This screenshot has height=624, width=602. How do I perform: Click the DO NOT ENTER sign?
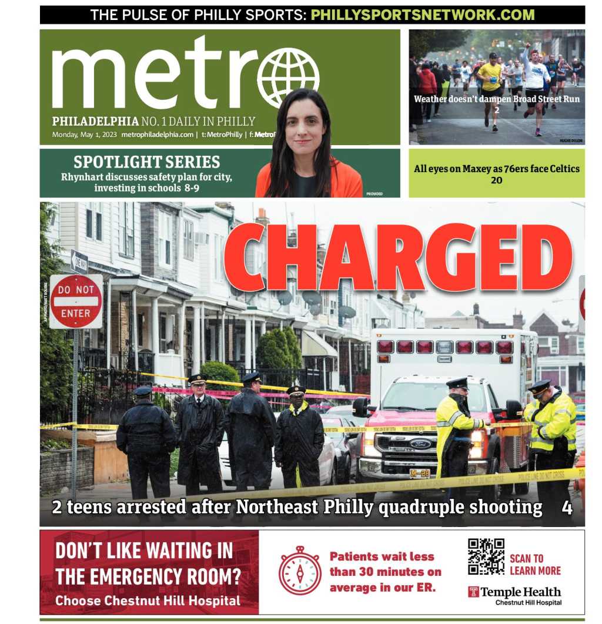click(76, 301)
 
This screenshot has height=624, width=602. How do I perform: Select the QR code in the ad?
click(486, 556)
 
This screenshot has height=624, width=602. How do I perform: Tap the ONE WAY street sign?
click(79, 261)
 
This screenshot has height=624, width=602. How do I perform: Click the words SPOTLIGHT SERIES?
click(146, 162)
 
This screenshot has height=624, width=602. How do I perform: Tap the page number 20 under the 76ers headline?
click(497, 180)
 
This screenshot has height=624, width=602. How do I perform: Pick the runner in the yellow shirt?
click(489, 82)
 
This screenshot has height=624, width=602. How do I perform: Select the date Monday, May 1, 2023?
click(85, 135)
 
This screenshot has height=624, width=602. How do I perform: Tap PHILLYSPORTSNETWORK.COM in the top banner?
click(422, 15)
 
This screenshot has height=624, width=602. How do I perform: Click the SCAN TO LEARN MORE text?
click(534, 564)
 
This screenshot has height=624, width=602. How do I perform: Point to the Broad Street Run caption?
click(496, 99)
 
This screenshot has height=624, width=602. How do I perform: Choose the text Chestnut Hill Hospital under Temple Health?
click(528, 603)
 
